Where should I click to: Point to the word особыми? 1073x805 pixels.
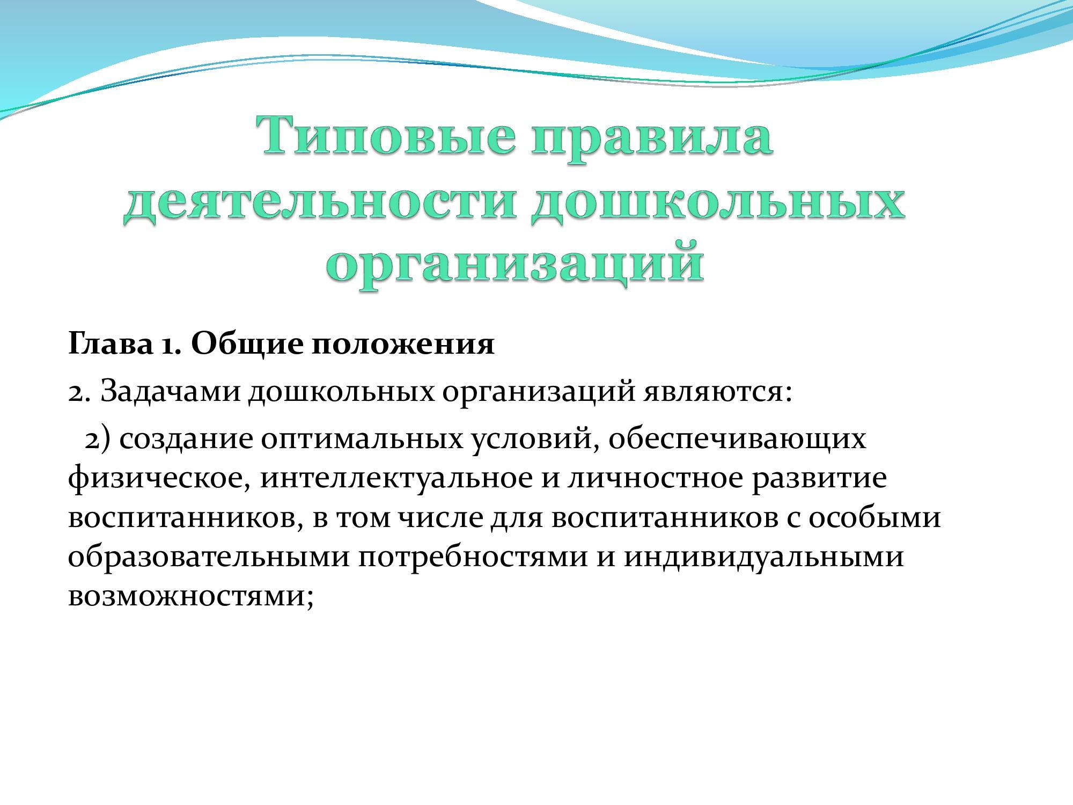tap(874, 518)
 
